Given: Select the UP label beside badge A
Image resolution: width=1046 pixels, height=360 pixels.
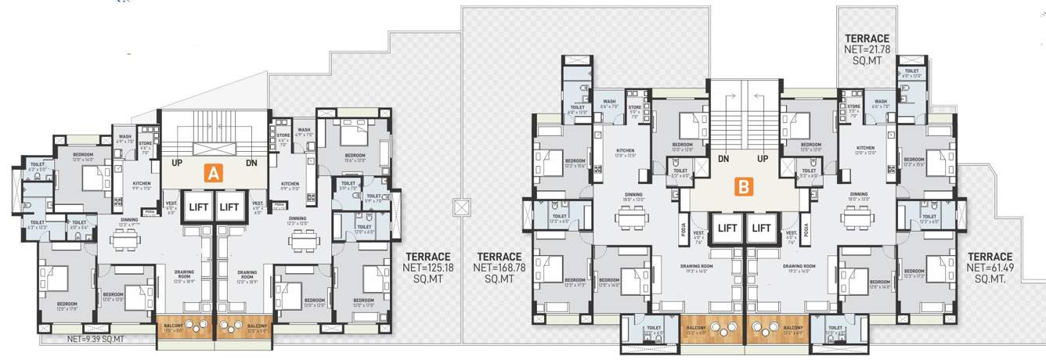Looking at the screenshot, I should click(x=177, y=164).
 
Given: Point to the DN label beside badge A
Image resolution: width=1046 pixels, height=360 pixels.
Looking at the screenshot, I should click(x=251, y=164).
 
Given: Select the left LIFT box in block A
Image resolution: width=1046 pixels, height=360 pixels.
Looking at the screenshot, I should click(x=197, y=207).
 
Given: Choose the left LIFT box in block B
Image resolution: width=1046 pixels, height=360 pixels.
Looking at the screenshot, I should click(x=727, y=229).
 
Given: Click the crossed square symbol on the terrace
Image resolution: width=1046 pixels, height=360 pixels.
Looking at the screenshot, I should click(x=459, y=208).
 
